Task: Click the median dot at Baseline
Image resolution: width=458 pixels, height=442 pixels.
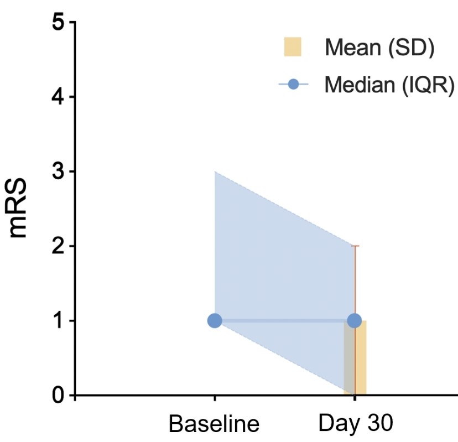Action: [215, 320]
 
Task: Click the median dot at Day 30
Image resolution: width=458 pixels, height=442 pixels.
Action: [354, 320]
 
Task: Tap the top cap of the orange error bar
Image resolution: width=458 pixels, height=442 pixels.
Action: [355, 246]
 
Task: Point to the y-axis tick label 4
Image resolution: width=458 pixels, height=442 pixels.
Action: [57, 97]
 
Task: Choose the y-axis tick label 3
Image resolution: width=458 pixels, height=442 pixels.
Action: [57, 171]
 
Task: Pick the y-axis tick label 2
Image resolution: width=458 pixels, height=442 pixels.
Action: [57, 246]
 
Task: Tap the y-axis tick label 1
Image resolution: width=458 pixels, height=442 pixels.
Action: [57, 320]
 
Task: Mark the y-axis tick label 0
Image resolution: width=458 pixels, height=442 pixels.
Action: [57, 395]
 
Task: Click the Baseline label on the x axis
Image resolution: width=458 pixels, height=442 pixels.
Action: [214, 425]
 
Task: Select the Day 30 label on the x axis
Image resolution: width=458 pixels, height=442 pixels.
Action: [355, 423]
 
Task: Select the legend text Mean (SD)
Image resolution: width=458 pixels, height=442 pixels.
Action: [379, 48]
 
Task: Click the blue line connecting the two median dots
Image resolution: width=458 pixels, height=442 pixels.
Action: [284, 320]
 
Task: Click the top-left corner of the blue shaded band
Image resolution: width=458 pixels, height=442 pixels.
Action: [215, 172]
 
